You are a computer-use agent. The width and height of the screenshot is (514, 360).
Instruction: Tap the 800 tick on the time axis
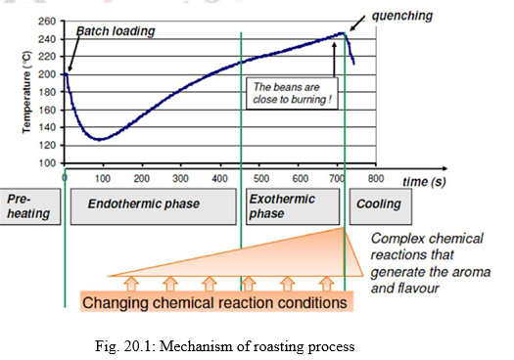pos(373,179)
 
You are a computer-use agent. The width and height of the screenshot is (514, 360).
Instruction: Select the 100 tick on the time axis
pos(104,179)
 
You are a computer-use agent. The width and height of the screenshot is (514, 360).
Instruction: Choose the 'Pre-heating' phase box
pos(27,205)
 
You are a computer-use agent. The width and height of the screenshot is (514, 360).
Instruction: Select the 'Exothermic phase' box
pos(290,205)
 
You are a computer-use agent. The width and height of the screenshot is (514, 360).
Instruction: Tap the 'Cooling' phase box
pos(377,205)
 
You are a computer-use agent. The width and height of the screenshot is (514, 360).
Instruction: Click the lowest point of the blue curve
pos(98,139)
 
